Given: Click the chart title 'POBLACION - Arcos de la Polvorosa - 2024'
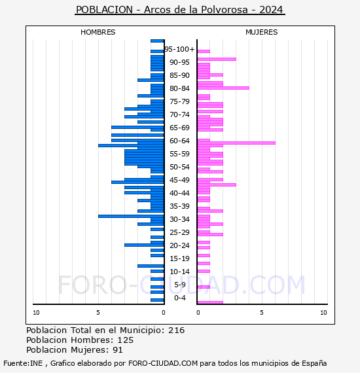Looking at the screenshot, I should point(180,10).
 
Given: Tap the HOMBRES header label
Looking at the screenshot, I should point(98,32).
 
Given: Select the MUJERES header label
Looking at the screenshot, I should point(261,32).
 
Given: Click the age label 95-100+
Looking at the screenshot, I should point(179,49).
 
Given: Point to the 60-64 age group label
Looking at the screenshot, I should point(179,141).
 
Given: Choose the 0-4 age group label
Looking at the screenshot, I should point(179,298).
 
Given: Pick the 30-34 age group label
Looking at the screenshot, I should point(179,219).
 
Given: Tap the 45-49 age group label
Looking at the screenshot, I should point(179,180).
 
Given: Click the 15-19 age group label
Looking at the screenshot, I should point(179,258).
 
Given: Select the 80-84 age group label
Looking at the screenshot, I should point(179,88).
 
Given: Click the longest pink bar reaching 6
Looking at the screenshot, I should point(236,143).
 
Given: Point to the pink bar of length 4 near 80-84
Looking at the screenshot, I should point(223,88).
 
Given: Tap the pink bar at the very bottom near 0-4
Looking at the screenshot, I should point(209,302).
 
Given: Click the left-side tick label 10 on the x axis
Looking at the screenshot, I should point(36,313).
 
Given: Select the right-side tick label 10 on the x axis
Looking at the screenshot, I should point(323,313).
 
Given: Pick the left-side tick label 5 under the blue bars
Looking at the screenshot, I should point(98,313).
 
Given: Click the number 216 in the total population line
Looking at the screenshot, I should point(176,330).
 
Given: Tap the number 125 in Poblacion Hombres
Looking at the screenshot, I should point(123,340).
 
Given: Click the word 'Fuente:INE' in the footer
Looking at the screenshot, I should point(23,363).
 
